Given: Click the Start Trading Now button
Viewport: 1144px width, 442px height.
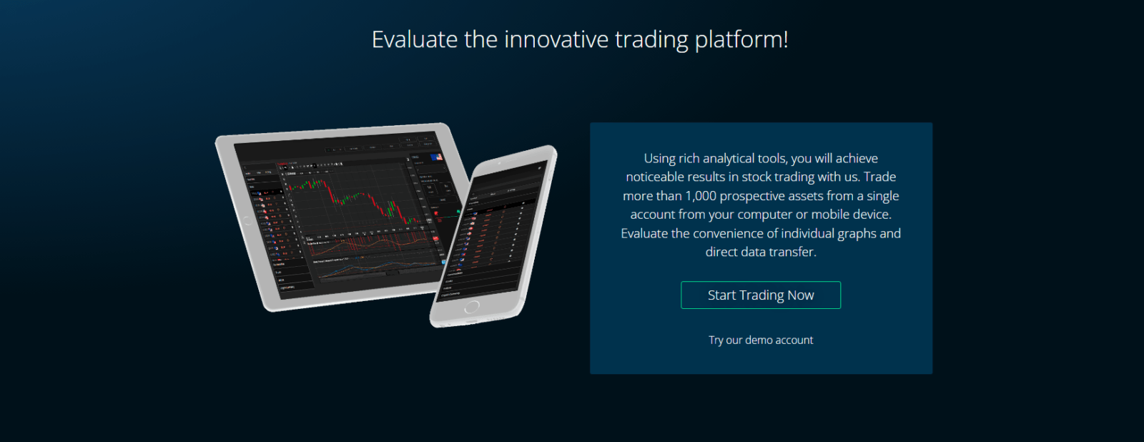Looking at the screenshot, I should point(760,295).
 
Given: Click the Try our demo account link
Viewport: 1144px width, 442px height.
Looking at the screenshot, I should point(760,340).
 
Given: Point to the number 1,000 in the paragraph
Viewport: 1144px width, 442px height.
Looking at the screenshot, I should point(701,196).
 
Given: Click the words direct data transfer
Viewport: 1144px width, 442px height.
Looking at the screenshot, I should point(760,252).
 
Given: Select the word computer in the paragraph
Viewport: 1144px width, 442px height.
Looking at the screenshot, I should point(764,215).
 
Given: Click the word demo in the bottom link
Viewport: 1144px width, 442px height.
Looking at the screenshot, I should point(758,340).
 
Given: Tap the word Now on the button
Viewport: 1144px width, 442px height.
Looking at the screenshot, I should point(801,295).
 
